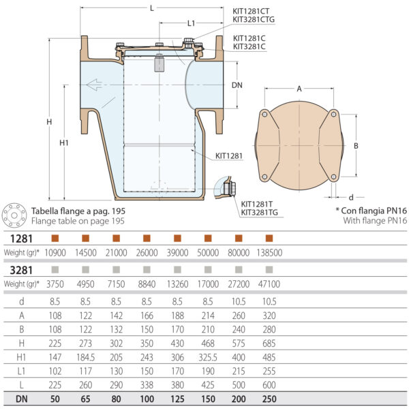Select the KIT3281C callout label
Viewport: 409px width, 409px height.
pyautogui.click(x=249, y=47)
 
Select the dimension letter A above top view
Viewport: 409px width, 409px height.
pyautogui.click(x=299, y=89)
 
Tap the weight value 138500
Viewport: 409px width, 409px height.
pyautogui.click(x=269, y=252)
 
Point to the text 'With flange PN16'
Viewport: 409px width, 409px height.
pyautogui.click(x=374, y=221)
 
